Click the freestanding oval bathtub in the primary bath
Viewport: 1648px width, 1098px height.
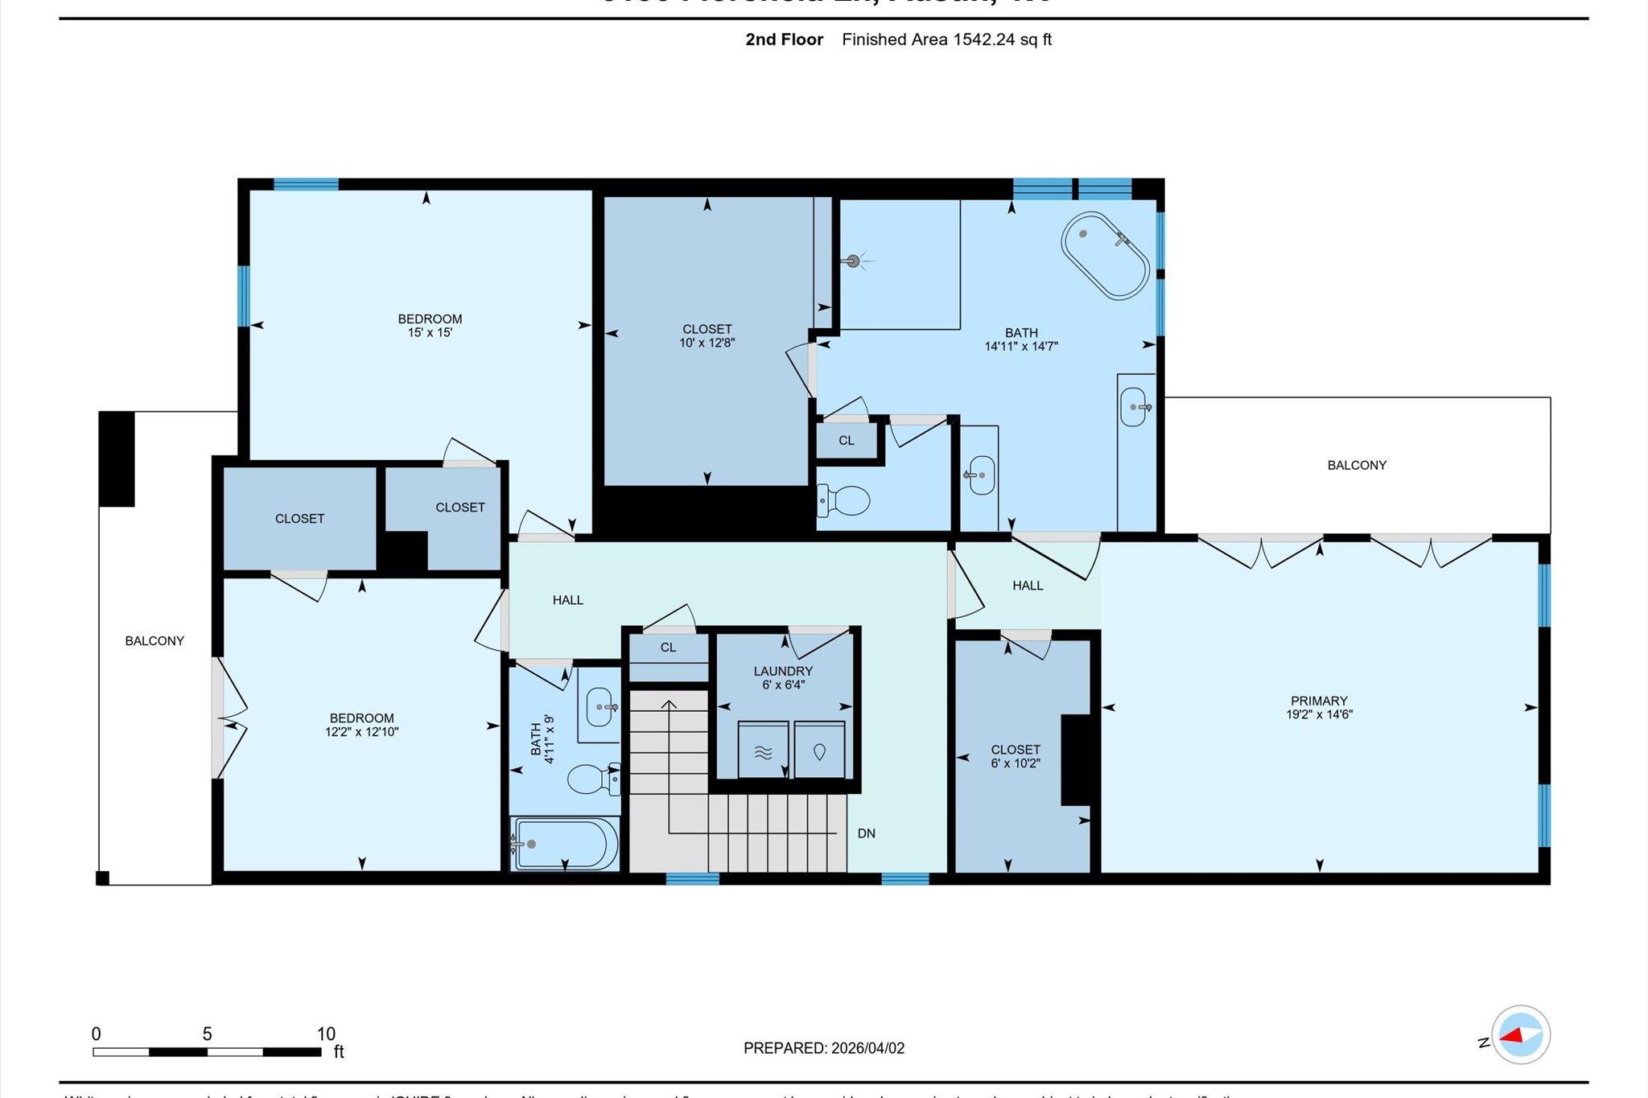click(x=1106, y=257)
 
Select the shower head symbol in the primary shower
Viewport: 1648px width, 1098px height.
click(x=853, y=261)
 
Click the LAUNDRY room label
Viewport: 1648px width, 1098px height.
click(x=783, y=671)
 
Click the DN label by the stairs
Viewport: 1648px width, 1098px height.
click(x=866, y=833)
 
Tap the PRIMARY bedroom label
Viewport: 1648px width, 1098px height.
click(x=1318, y=701)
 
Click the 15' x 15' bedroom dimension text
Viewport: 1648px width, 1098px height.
click(x=430, y=332)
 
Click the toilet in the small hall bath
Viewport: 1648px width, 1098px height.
click(x=592, y=779)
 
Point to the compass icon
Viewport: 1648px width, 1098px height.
click(x=1520, y=1036)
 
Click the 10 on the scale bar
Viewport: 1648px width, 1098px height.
click(x=325, y=1034)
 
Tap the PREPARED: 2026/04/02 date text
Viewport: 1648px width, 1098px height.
click(x=824, y=1048)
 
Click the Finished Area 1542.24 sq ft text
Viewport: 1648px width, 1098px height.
click(x=946, y=39)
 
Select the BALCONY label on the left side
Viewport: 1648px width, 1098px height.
click(x=154, y=641)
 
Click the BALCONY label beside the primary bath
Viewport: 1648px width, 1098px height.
click(x=1357, y=465)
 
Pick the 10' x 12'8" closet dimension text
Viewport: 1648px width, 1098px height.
click(x=707, y=343)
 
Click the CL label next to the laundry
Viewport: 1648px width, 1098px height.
click(x=668, y=648)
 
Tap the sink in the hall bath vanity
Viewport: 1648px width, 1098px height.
click(x=600, y=707)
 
